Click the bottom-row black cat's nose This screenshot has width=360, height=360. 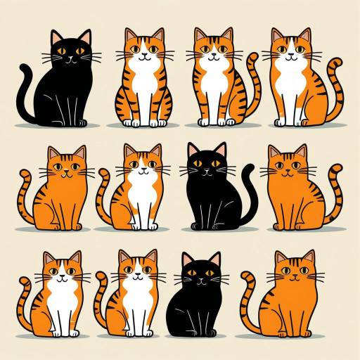(200, 280)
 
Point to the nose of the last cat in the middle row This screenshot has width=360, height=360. (290, 173)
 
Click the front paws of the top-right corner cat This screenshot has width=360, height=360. (290, 122)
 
